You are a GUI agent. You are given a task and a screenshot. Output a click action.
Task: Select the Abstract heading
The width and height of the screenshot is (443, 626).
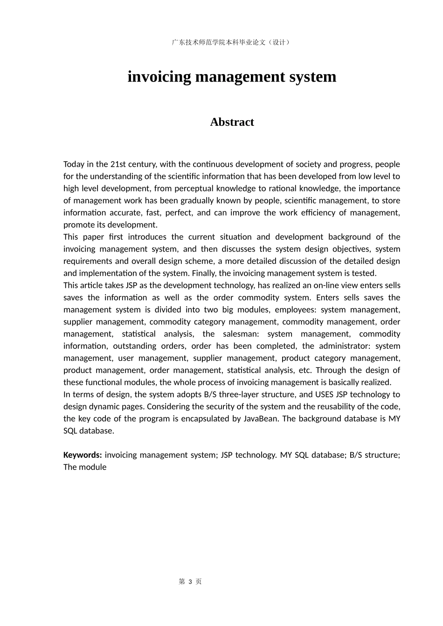point(232,122)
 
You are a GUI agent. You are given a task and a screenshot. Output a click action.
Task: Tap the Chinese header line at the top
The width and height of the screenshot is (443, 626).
point(232,42)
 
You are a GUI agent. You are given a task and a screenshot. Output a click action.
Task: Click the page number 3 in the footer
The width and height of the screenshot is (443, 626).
point(190,582)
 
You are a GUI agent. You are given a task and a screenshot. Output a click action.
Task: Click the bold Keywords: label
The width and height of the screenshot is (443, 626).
point(83,455)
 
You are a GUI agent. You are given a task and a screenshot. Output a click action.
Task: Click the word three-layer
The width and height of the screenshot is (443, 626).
point(245,395)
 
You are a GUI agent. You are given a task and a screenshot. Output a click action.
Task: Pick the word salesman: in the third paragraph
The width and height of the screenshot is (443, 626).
point(241,334)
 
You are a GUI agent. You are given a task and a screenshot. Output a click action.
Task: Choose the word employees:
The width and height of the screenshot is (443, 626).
point(295,310)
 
